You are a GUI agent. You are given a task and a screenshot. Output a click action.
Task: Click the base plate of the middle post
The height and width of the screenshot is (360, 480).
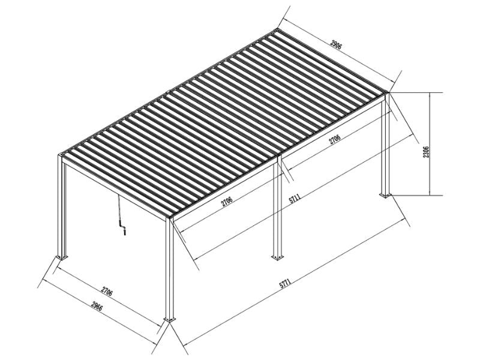(x=277, y=257)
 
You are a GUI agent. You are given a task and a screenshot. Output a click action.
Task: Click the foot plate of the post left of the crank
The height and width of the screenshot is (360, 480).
(x=61, y=257)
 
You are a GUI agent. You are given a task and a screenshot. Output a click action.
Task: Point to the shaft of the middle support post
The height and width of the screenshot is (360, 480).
(x=277, y=210)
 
